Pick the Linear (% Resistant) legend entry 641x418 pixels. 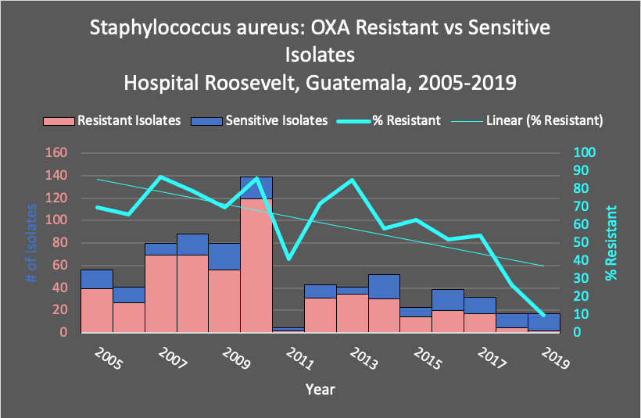click(544, 121)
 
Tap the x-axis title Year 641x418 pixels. click(320, 388)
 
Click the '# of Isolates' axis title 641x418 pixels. click(32, 242)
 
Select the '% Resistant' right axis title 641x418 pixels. click(611, 242)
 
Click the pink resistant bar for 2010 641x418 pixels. click(256, 266)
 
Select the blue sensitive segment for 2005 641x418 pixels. click(96, 279)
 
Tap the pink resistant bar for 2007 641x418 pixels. click(161, 293)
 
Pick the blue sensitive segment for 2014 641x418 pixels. click(384, 287)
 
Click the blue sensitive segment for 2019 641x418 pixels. click(543, 322)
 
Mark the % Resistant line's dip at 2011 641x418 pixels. click(288, 259)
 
